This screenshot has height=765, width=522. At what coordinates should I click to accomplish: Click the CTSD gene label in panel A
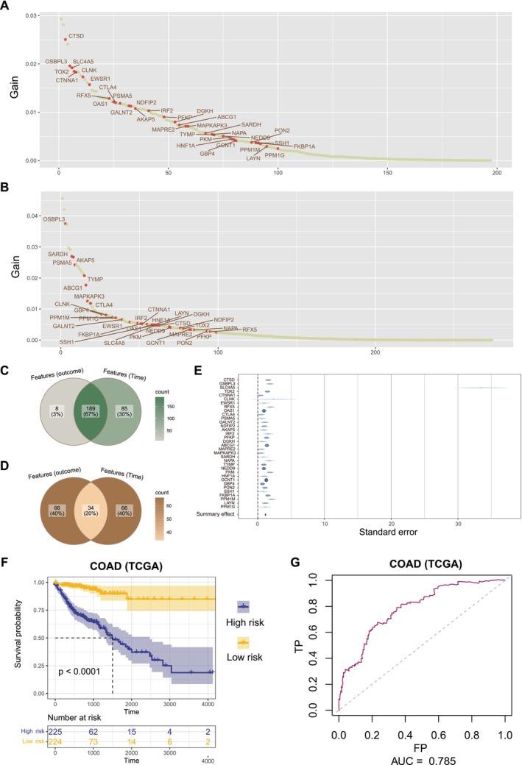(76, 35)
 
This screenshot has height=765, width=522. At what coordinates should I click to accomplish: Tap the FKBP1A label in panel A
(304, 146)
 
